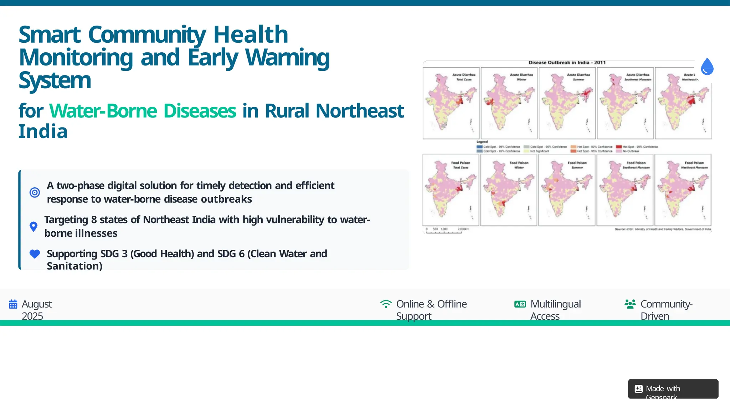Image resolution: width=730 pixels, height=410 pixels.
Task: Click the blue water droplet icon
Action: coord(707,67)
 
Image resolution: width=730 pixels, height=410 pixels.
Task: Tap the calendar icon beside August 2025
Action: coord(13,304)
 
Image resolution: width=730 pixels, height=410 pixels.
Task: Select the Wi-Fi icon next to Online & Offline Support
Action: coord(386,304)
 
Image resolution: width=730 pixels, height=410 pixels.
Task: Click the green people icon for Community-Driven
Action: coord(630,304)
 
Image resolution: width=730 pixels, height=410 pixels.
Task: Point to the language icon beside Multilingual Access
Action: coord(520,304)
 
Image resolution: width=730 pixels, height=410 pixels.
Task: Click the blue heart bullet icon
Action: coord(35,254)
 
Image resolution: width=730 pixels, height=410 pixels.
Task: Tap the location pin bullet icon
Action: coord(34,226)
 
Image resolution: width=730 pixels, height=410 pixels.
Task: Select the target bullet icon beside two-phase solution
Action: coord(35,193)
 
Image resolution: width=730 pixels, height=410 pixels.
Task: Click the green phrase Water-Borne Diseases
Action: coord(143,111)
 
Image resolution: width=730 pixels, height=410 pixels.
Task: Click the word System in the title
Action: coord(55,80)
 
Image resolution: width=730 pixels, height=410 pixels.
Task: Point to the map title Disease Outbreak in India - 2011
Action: coord(567,63)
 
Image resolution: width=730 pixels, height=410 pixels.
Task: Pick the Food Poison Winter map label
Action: coord(519,165)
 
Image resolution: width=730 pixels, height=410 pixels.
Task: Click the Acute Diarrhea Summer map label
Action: coord(579,77)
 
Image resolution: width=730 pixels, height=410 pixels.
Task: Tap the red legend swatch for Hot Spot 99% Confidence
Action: coord(619,147)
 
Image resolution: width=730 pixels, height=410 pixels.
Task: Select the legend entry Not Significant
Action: coord(539,151)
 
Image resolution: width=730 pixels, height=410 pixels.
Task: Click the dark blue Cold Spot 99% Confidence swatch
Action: coord(480,147)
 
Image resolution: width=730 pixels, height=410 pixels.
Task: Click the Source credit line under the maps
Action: coord(663,229)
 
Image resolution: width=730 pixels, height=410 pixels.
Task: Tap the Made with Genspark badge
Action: coord(673,389)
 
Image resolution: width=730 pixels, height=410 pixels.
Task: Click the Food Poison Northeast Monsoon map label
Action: coord(694,165)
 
